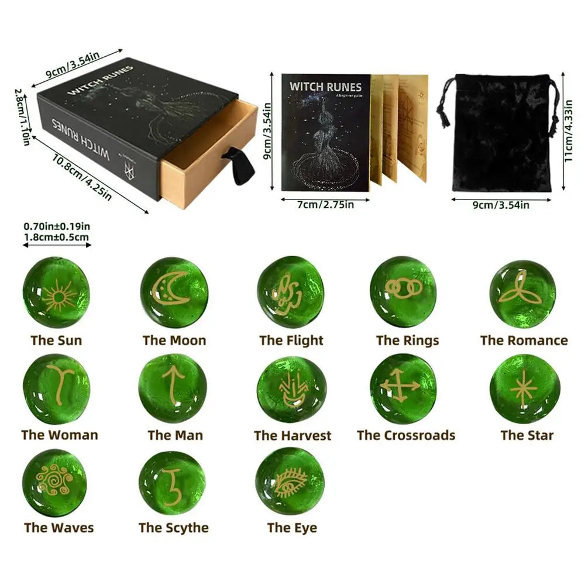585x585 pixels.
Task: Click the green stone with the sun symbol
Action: pyautogui.click(x=56, y=292)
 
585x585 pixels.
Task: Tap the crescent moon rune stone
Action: pyautogui.click(x=174, y=291)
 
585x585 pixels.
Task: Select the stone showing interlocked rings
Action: pyautogui.click(x=403, y=291)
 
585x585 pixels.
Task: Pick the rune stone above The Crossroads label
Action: pyautogui.click(x=403, y=388)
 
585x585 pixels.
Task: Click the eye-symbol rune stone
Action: pyautogui.click(x=290, y=481)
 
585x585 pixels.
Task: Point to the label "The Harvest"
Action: pyautogui.click(x=292, y=436)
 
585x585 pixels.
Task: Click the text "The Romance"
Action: pyautogui.click(x=524, y=340)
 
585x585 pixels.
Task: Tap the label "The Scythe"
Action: pyautogui.click(x=173, y=528)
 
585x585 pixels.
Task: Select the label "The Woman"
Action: pyautogui.click(x=60, y=435)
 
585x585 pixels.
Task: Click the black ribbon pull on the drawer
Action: pyautogui.click(x=240, y=164)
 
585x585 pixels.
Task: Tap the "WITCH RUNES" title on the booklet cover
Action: pyautogui.click(x=325, y=87)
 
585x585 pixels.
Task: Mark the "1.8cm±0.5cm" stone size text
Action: pyautogui.click(x=56, y=237)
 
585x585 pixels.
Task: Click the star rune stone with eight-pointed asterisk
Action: pyautogui.click(x=524, y=388)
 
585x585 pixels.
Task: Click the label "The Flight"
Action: pyautogui.click(x=291, y=340)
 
